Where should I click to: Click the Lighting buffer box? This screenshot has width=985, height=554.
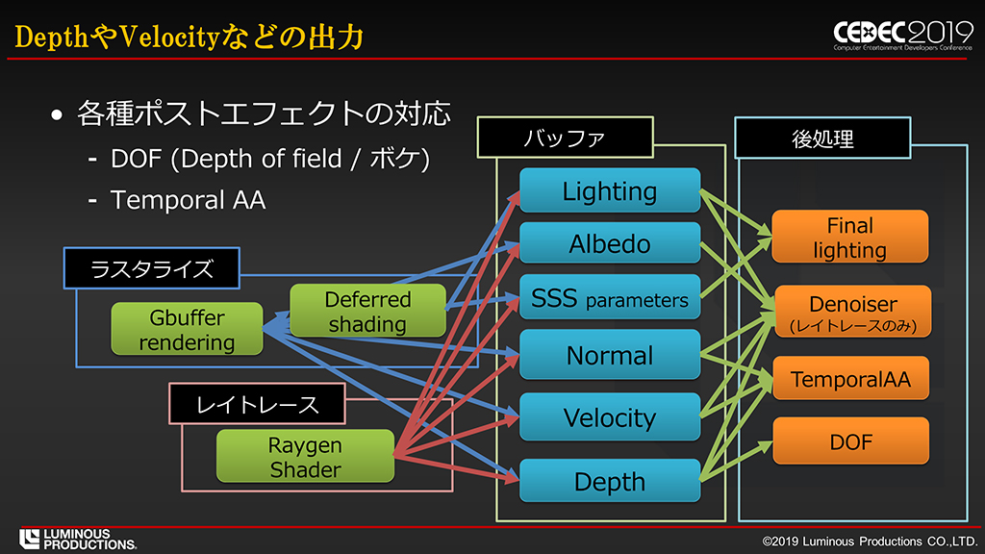(x=610, y=190)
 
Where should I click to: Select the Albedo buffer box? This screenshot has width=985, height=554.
(x=610, y=244)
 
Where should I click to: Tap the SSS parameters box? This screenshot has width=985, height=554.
(x=610, y=299)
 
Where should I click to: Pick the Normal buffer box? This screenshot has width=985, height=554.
(x=610, y=355)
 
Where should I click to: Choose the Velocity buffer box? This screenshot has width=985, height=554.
(x=610, y=417)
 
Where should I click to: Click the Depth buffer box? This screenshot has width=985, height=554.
(x=610, y=481)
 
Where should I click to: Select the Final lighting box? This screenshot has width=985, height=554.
(x=850, y=238)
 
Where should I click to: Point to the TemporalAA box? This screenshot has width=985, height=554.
(x=850, y=379)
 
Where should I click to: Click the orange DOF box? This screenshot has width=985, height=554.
(x=850, y=441)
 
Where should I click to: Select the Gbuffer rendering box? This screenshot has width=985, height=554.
(x=187, y=330)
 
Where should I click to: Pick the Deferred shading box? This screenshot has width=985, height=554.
(x=367, y=311)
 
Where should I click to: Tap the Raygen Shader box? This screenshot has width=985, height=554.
(x=305, y=457)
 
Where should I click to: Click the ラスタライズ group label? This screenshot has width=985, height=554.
(x=151, y=268)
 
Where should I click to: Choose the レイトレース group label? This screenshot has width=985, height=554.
(x=257, y=404)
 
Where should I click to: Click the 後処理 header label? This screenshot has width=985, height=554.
(x=821, y=138)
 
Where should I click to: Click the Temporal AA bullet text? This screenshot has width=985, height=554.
(x=188, y=200)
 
